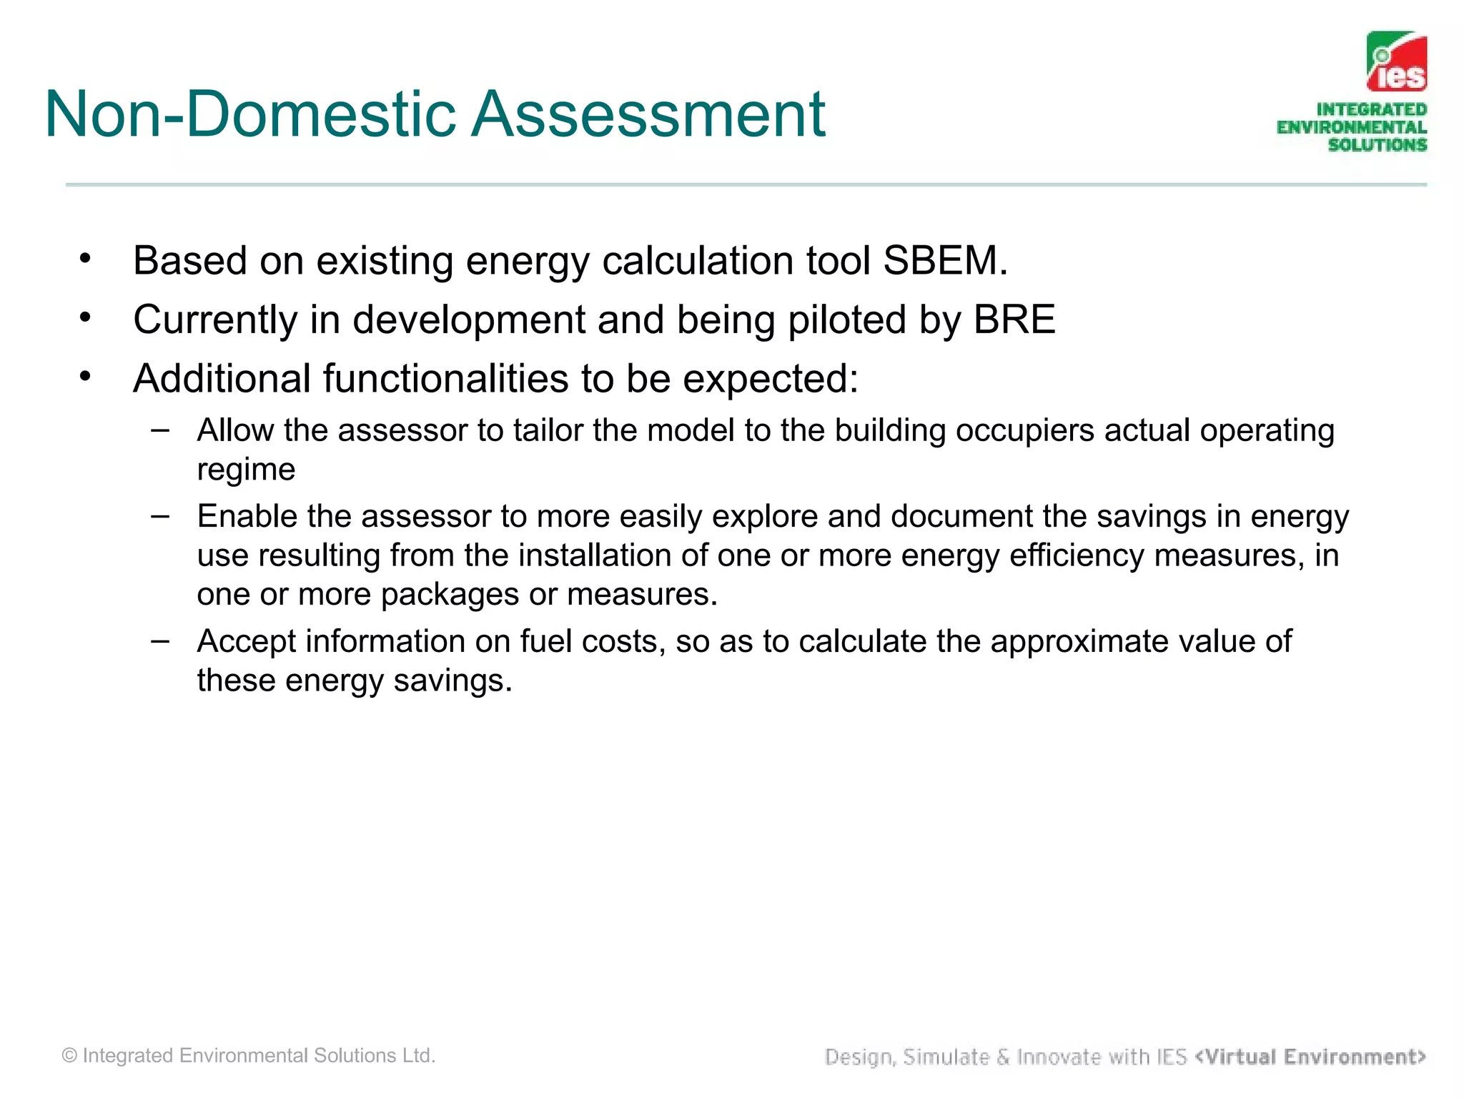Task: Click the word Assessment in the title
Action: [x=648, y=114]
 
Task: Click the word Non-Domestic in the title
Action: [x=249, y=114]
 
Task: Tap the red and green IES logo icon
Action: [x=1396, y=61]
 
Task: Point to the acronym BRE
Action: [x=1014, y=320]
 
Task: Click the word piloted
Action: [x=847, y=320]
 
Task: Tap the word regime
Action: [x=246, y=470]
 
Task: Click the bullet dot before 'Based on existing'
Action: [x=85, y=258]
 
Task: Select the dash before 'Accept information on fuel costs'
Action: [x=161, y=640]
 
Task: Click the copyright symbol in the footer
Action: [x=69, y=1056]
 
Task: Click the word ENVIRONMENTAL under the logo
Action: [x=1351, y=127]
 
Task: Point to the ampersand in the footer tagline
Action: [x=1003, y=1057]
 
